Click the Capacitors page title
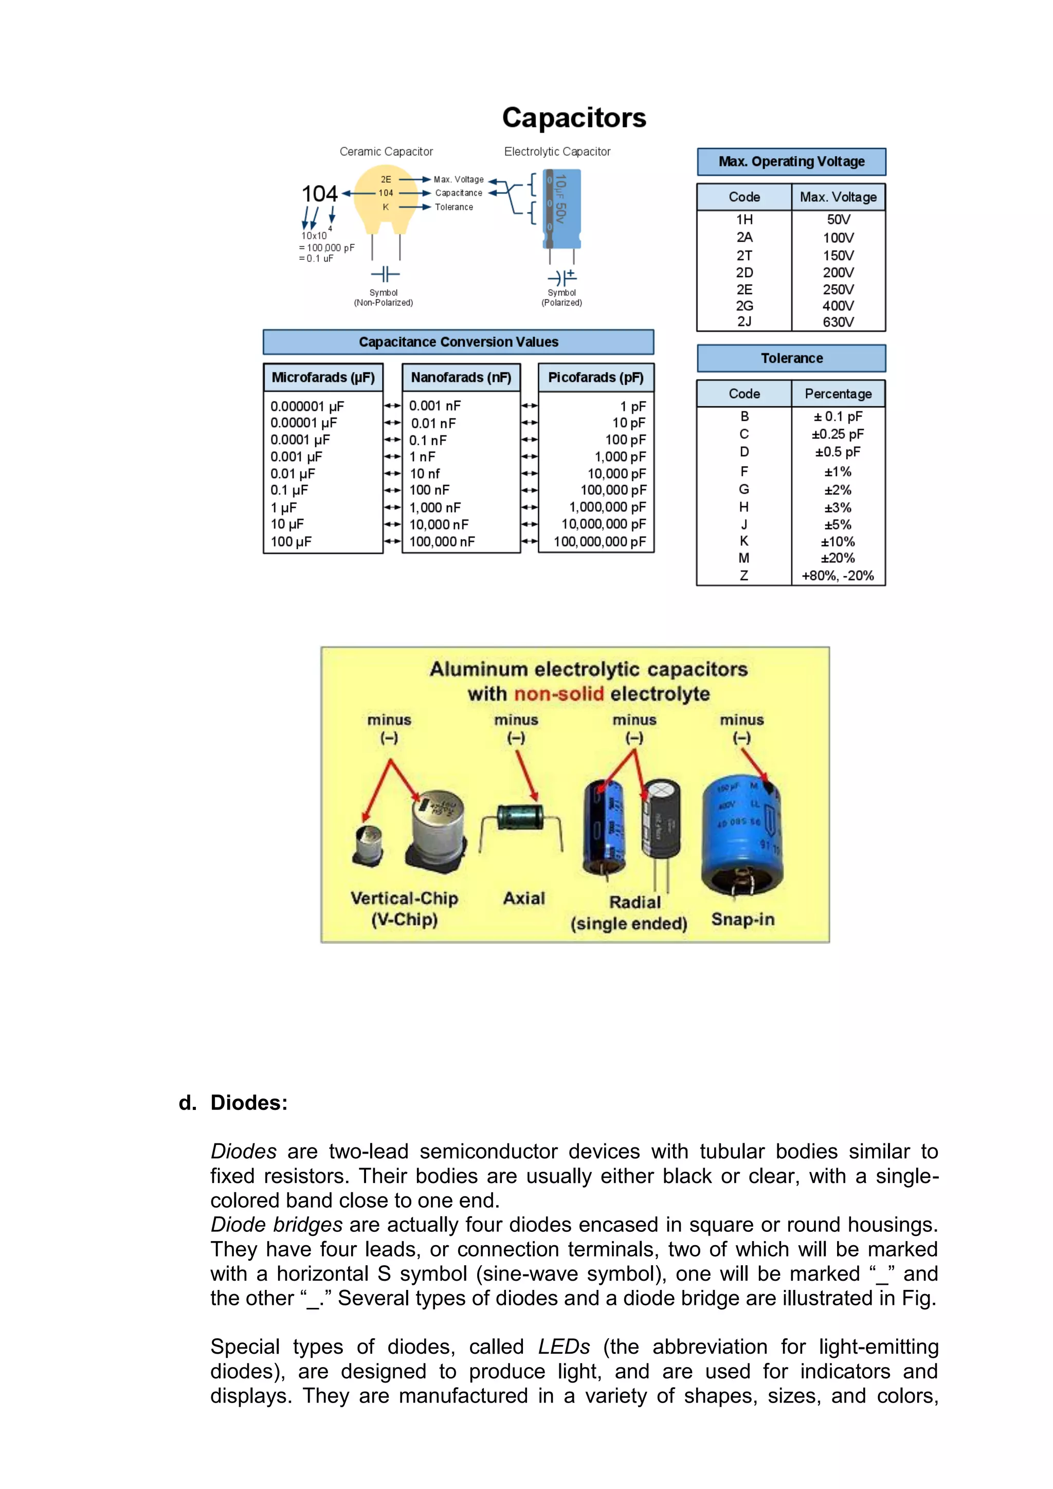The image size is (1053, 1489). coord(574,117)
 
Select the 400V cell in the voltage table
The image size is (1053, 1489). coord(838,306)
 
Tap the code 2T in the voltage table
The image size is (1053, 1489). coord(745,256)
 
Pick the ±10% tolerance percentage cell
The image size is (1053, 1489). coord(838,542)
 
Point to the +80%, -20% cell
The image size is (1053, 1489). coord(838,575)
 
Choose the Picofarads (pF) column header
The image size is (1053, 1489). coord(596,378)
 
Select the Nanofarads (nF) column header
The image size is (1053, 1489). coord(461,378)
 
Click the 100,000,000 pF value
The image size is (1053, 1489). coord(600,542)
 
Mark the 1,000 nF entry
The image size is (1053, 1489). coord(435,508)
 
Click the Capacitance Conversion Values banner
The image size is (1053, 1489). coord(459,342)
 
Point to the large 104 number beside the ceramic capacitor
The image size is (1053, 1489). coord(320,193)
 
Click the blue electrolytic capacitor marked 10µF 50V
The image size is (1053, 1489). coord(561,209)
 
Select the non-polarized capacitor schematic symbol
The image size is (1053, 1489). coord(385,274)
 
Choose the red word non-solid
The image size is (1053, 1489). coord(559,694)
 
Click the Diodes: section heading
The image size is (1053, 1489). coord(249,1103)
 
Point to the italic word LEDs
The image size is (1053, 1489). coord(564,1347)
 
